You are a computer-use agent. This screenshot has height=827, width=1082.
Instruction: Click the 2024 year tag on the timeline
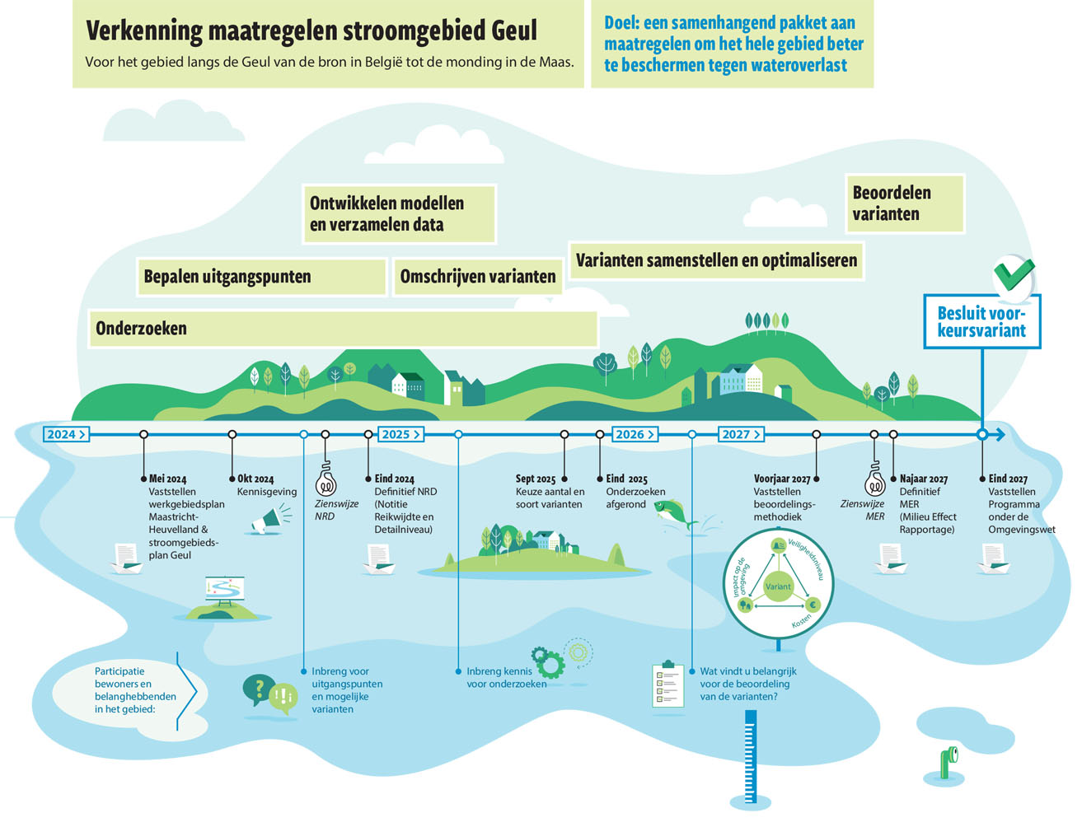pyautogui.click(x=66, y=434)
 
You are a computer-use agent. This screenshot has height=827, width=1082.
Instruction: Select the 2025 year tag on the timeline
pyautogui.click(x=400, y=434)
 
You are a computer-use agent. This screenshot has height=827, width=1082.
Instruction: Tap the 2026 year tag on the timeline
pyautogui.click(x=635, y=434)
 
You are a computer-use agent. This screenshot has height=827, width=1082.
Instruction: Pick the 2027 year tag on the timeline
pyautogui.click(x=740, y=434)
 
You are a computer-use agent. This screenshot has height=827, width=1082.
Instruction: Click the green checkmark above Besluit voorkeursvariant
pyautogui.click(x=1014, y=274)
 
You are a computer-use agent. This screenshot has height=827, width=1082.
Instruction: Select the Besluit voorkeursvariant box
pyautogui.click(x=981, y=321)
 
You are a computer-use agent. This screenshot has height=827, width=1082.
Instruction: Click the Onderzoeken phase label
pyautogui.click(x=142, y=329)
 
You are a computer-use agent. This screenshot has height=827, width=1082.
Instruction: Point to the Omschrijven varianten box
pyautogui.click(x=478, y=277)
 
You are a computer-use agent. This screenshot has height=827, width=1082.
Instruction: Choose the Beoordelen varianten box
pyautogui.click(x=904, y=203)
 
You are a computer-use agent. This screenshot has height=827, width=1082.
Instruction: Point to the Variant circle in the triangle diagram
pyautogui.click(x=778, y=586)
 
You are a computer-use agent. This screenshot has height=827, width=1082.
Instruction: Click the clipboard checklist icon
pyautogui.click(x=668, y=684)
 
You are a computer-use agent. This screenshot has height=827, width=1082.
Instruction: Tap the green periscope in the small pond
pyautogui.click(x=949, y=762)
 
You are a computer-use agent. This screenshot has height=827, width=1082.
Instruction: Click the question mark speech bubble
pyautogui.click(x=258, y=689)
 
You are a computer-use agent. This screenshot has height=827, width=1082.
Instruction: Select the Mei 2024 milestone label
pyautogui.click(x=167, y=479)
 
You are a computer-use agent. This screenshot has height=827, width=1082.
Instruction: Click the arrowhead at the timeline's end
pyautogui.click(x=1000, y=434)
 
